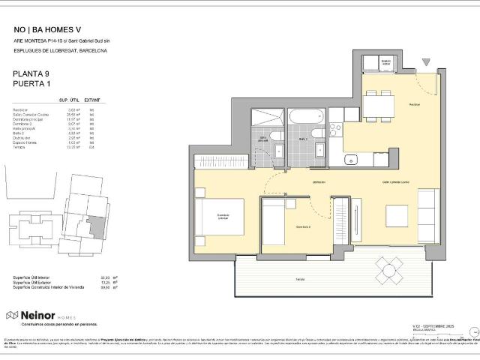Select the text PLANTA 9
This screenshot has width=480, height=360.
point(31,73)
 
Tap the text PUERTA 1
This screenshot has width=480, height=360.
point(32,84)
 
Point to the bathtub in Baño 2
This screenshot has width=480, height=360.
point(305,118)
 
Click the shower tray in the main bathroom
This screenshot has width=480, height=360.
point(264,118)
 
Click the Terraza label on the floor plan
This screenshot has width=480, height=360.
point(300,279)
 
